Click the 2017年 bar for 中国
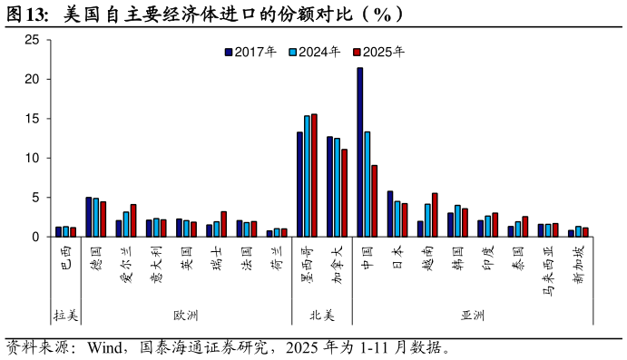(x=360, y=152)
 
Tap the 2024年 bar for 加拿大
(x=338, y=188)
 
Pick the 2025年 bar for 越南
(x=435, y=215)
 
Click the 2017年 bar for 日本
(x=390, y=214)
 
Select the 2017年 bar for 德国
(x=89, y=217)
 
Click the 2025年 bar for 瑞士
(x=223, y=224)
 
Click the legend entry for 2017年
(x=251, y=52)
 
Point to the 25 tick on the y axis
(x=32, y=40)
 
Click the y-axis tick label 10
(x=32, y=158)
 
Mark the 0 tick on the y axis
(x=35, y=237)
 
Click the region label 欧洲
(x=186, y=316)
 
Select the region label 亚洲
(x=473, y=316)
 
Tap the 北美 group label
(x=322, y=316)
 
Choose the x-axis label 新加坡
(x=578, y=264)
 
